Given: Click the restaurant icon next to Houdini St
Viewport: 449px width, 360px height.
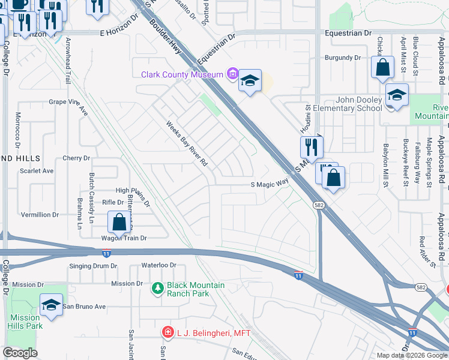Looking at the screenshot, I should (312, 146).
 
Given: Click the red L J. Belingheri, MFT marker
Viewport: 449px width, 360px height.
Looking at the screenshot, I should (168, 332).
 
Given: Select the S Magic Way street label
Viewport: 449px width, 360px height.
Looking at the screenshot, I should (270, 185).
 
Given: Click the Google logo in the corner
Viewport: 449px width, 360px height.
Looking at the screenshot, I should (20, 353).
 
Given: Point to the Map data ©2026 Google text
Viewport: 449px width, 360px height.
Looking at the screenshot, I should (411, 355).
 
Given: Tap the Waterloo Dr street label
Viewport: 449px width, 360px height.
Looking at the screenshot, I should (158, 265).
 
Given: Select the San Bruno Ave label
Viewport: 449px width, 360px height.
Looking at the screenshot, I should (84, 306).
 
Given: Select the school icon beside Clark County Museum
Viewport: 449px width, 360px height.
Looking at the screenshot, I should (249, 81).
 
